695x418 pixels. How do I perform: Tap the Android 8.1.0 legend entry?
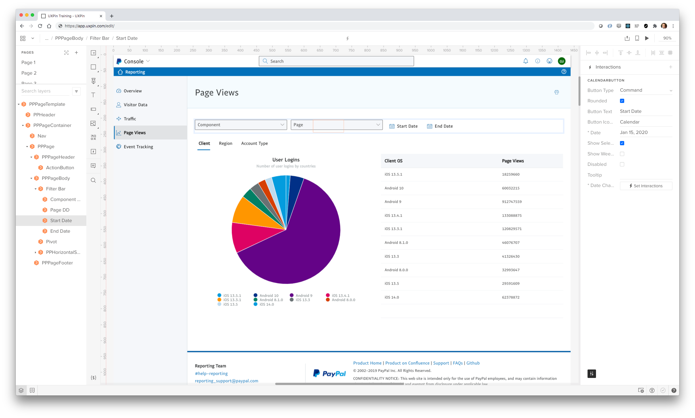click(271, 300)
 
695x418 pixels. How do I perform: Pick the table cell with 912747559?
click(512, 202)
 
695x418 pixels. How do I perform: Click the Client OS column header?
click(393, 161)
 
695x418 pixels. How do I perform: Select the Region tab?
click(225, 143)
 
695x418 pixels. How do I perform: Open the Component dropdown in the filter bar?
click(241, 125)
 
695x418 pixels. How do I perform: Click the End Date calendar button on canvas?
click(440, 126)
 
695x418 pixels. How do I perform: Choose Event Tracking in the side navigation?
click(138, 147)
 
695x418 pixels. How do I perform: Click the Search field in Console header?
click(336, 61)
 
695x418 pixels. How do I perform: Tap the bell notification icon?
click(525, 61)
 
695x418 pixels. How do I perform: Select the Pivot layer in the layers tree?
click(51, 242)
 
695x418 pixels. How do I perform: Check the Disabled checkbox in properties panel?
click(622, 164)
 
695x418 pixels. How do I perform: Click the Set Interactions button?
click(646, 186)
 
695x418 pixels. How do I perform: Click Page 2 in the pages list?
click(29, 73)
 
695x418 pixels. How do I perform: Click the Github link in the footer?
click(473, 363)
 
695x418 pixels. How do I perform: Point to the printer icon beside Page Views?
click(557, 92)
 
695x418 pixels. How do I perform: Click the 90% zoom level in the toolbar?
click(667, 38)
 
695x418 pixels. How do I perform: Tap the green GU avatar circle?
click(562, 61)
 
